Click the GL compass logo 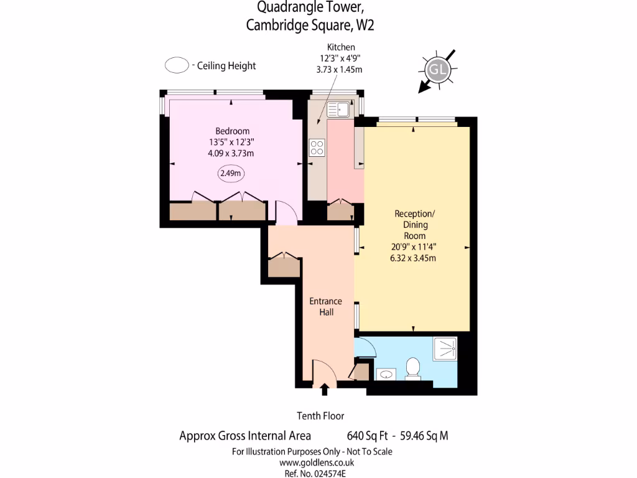(x=438, y=70)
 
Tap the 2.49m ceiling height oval (x=230, y=174)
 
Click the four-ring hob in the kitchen (x=317, y=148)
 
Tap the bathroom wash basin (x=386, y=374)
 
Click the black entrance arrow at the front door (x=324, y=390)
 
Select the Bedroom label (x=233, y=131)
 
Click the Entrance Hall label (x=326, y=307)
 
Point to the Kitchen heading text (x=341, y=47)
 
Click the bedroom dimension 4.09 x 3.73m (x=232, y=153)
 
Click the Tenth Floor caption (x=320, y=416)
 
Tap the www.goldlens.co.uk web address (x=317, y=462)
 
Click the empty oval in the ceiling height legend (x=177, y=65)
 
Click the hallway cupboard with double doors (x=284, y=267)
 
